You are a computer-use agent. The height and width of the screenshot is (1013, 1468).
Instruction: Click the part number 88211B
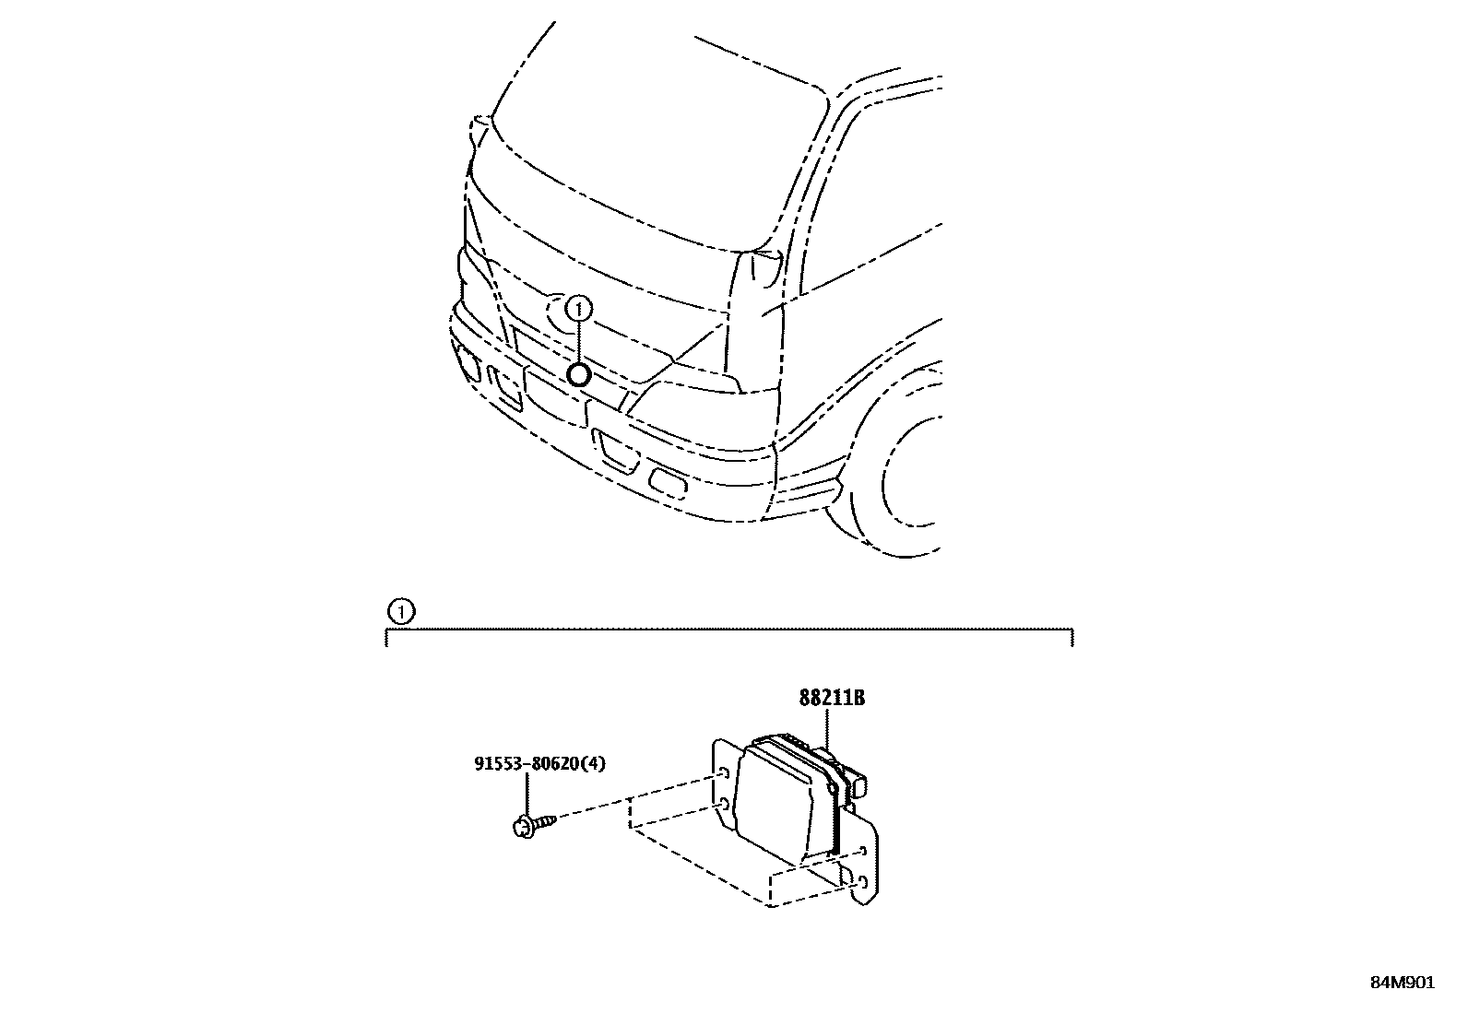click(x=831, y=698)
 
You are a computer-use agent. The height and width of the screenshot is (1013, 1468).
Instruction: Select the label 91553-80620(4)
click(x=539, y=763)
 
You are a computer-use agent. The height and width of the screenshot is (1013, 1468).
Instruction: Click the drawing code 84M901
click(x=1402, y=982)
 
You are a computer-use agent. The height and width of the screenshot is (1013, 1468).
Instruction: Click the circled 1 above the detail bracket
click(x=399, y=611)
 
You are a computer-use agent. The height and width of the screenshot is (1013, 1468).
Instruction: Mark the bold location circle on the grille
click(x=578, y=374)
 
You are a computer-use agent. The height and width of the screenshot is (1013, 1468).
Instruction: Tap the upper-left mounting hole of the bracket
click(x=726, y=773)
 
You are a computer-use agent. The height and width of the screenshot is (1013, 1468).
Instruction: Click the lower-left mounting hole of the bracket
click(x=726, y=806)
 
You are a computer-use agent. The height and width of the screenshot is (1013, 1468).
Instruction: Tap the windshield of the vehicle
click(x=645, y=138)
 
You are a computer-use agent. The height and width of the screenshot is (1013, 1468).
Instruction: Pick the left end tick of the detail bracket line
click(x=386, y=637)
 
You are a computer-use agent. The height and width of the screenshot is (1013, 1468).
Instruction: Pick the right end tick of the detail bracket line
click(x=1071, y=637)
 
